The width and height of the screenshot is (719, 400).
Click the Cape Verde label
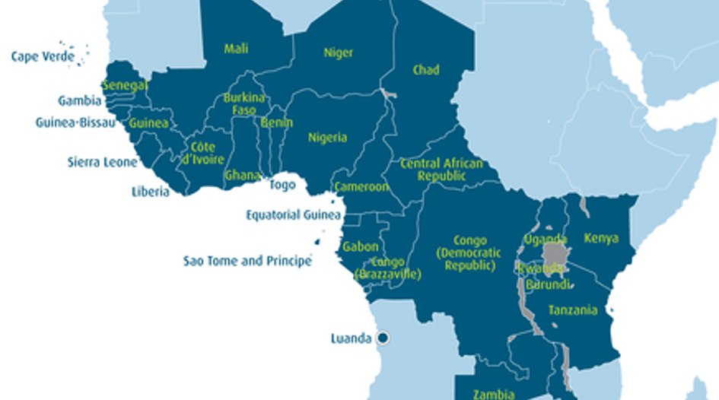[x=43, y=56]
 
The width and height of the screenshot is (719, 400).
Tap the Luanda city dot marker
[x=383, y=338]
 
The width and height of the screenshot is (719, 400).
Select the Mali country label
[x=236, y=49]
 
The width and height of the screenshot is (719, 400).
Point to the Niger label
[x=339, y=52]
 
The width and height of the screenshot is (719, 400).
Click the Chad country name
[x=426, y=70]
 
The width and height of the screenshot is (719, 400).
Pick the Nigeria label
[x=327, y=138]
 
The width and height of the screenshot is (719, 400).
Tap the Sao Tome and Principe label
[x=247, y=261]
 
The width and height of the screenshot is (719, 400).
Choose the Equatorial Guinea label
[x=293, y=215]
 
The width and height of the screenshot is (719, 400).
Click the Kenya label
[x=601, y=239]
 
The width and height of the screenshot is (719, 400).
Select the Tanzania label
[x=572, y=310]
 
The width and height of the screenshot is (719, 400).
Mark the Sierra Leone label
[x=103, y=162]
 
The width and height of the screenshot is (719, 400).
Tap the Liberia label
[x=150, y=192]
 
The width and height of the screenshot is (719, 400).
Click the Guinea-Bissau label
[x=75, y=122]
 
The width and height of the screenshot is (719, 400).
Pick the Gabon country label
[x=361, y=246]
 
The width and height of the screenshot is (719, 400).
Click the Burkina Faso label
[x=243, y=104]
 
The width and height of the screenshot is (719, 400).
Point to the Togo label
[x=282, y=185]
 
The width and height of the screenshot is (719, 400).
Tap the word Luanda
[x=352, y=338]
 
